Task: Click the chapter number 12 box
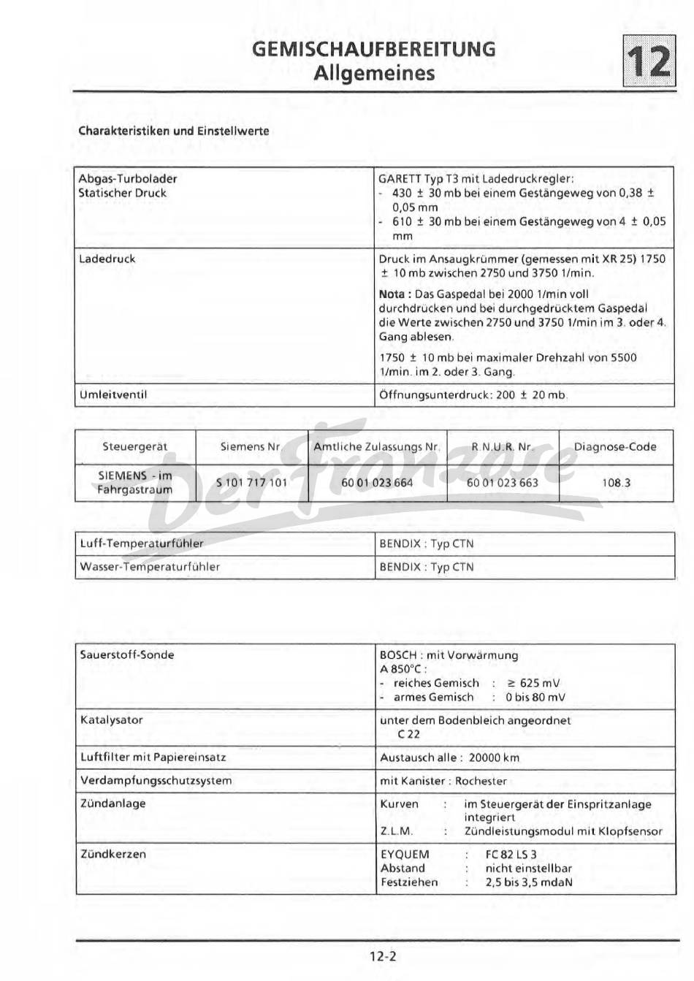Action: click(x=647, y=61)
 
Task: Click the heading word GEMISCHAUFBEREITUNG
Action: click(x=373, y=49)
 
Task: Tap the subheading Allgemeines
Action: click(x=373, y=73)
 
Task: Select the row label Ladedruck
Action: click(x=107, y=259)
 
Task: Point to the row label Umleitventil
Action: click(x=113, y=395)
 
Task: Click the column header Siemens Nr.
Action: click(x=251, y=447)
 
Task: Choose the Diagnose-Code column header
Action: click(x=615, y=447)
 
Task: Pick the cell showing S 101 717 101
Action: click(x=251, y=483)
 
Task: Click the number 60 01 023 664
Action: click(x=377, y=483)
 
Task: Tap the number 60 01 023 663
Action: click(x=502, y=483)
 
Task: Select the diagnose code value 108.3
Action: click(x=616, y=483)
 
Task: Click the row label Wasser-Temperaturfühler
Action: click(x=150, y=567)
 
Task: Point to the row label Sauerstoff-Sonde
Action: click(x=127, y=655)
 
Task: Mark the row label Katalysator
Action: click(x=112, y=720)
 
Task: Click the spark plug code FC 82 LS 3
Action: click(x=511, y=854)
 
